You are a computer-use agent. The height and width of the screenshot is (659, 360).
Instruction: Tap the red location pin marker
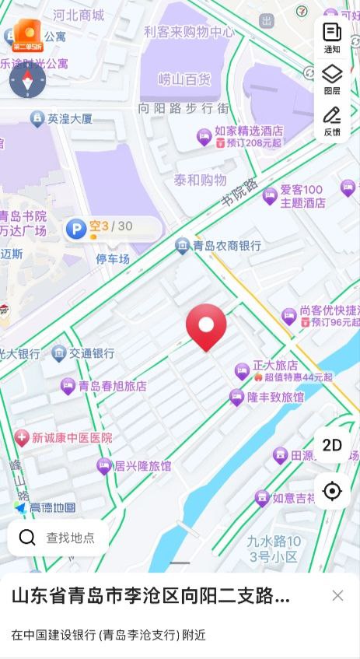click(x=206, y=326)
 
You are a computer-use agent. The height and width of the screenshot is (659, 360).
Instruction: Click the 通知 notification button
click(x=332, y=37)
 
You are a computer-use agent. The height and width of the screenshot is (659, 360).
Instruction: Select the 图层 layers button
click(x=332, y=79)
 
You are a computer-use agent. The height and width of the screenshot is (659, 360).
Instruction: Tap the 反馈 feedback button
click(x=332, y=121)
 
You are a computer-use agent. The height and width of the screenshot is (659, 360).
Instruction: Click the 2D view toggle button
click(x=332, y=445)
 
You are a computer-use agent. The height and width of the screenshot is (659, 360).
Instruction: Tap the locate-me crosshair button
click(x=332, y=491)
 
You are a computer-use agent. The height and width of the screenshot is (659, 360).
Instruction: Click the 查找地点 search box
click(x=58, y=538)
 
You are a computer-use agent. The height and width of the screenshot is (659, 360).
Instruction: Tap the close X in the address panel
click(x=337, y=595)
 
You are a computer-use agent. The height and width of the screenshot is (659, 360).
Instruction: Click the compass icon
click(x=27, y=80)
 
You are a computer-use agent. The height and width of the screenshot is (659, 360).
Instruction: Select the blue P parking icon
click(x=76, y=228)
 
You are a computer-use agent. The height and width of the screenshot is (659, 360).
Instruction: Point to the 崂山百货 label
click(x=184, y=79)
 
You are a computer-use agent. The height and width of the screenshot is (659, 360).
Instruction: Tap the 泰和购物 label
click(x=200, y=181)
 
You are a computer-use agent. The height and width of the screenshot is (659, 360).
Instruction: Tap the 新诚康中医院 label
click(x=72, y=438)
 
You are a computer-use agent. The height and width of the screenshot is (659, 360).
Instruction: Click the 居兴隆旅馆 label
click(x=142, y=466)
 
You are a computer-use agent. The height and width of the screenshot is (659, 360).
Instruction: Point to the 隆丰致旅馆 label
click(x=275, y=398)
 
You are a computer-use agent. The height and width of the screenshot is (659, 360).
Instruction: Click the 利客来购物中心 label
click(x=189, y=32)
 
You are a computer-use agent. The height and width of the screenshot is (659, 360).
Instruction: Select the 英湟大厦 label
click(x=70, y=119)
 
